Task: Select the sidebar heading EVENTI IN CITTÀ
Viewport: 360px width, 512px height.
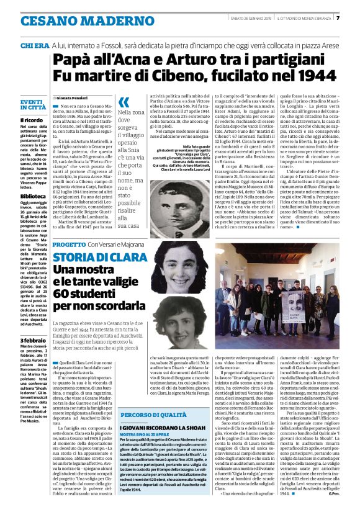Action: click(x=32, y=104)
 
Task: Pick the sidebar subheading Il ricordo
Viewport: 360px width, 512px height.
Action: click(x=30, y=120)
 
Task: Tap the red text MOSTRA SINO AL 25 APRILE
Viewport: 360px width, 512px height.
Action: click(x=146, y=436)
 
